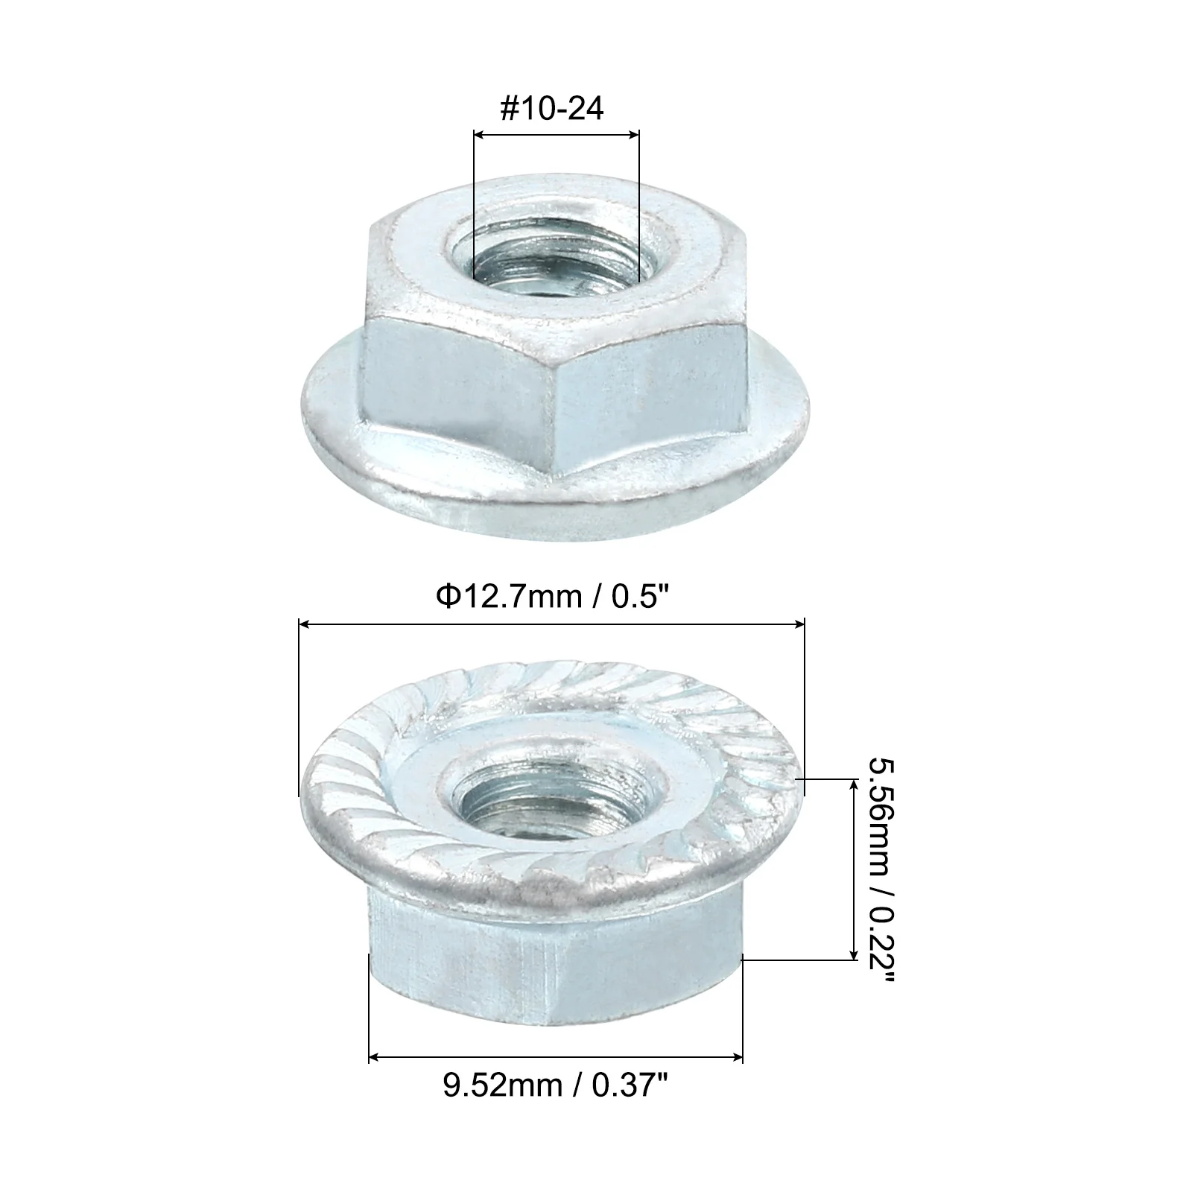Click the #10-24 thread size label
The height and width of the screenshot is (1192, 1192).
point(552,110)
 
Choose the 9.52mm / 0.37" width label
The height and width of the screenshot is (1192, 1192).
point(557,1085)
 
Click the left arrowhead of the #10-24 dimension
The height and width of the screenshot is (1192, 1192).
point(481,135)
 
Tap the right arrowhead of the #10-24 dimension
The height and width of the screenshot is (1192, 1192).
point(633,135)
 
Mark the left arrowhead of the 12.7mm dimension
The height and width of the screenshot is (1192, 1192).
point(305,625)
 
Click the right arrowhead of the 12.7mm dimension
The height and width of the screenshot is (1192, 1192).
point(798,625)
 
